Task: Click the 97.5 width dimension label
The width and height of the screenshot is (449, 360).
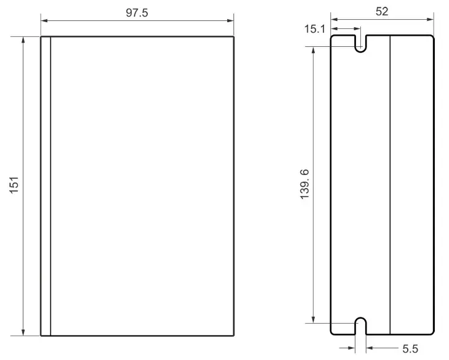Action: click(x=137, y=13)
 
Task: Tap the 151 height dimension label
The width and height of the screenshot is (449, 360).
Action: click(x=14, y=185)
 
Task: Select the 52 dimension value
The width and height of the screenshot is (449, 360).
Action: click(x=382, y=12)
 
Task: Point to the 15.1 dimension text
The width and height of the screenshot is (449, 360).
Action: click(x=315, y=29)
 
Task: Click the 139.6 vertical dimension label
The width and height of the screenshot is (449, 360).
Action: click(x=305, y=184)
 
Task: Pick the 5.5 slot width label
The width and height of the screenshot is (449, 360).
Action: click(x=410, y=349)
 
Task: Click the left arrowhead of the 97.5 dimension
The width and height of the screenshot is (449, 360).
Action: click(x=44, y=20)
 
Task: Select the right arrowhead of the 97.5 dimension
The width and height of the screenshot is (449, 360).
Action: click(x=230, y=20)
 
